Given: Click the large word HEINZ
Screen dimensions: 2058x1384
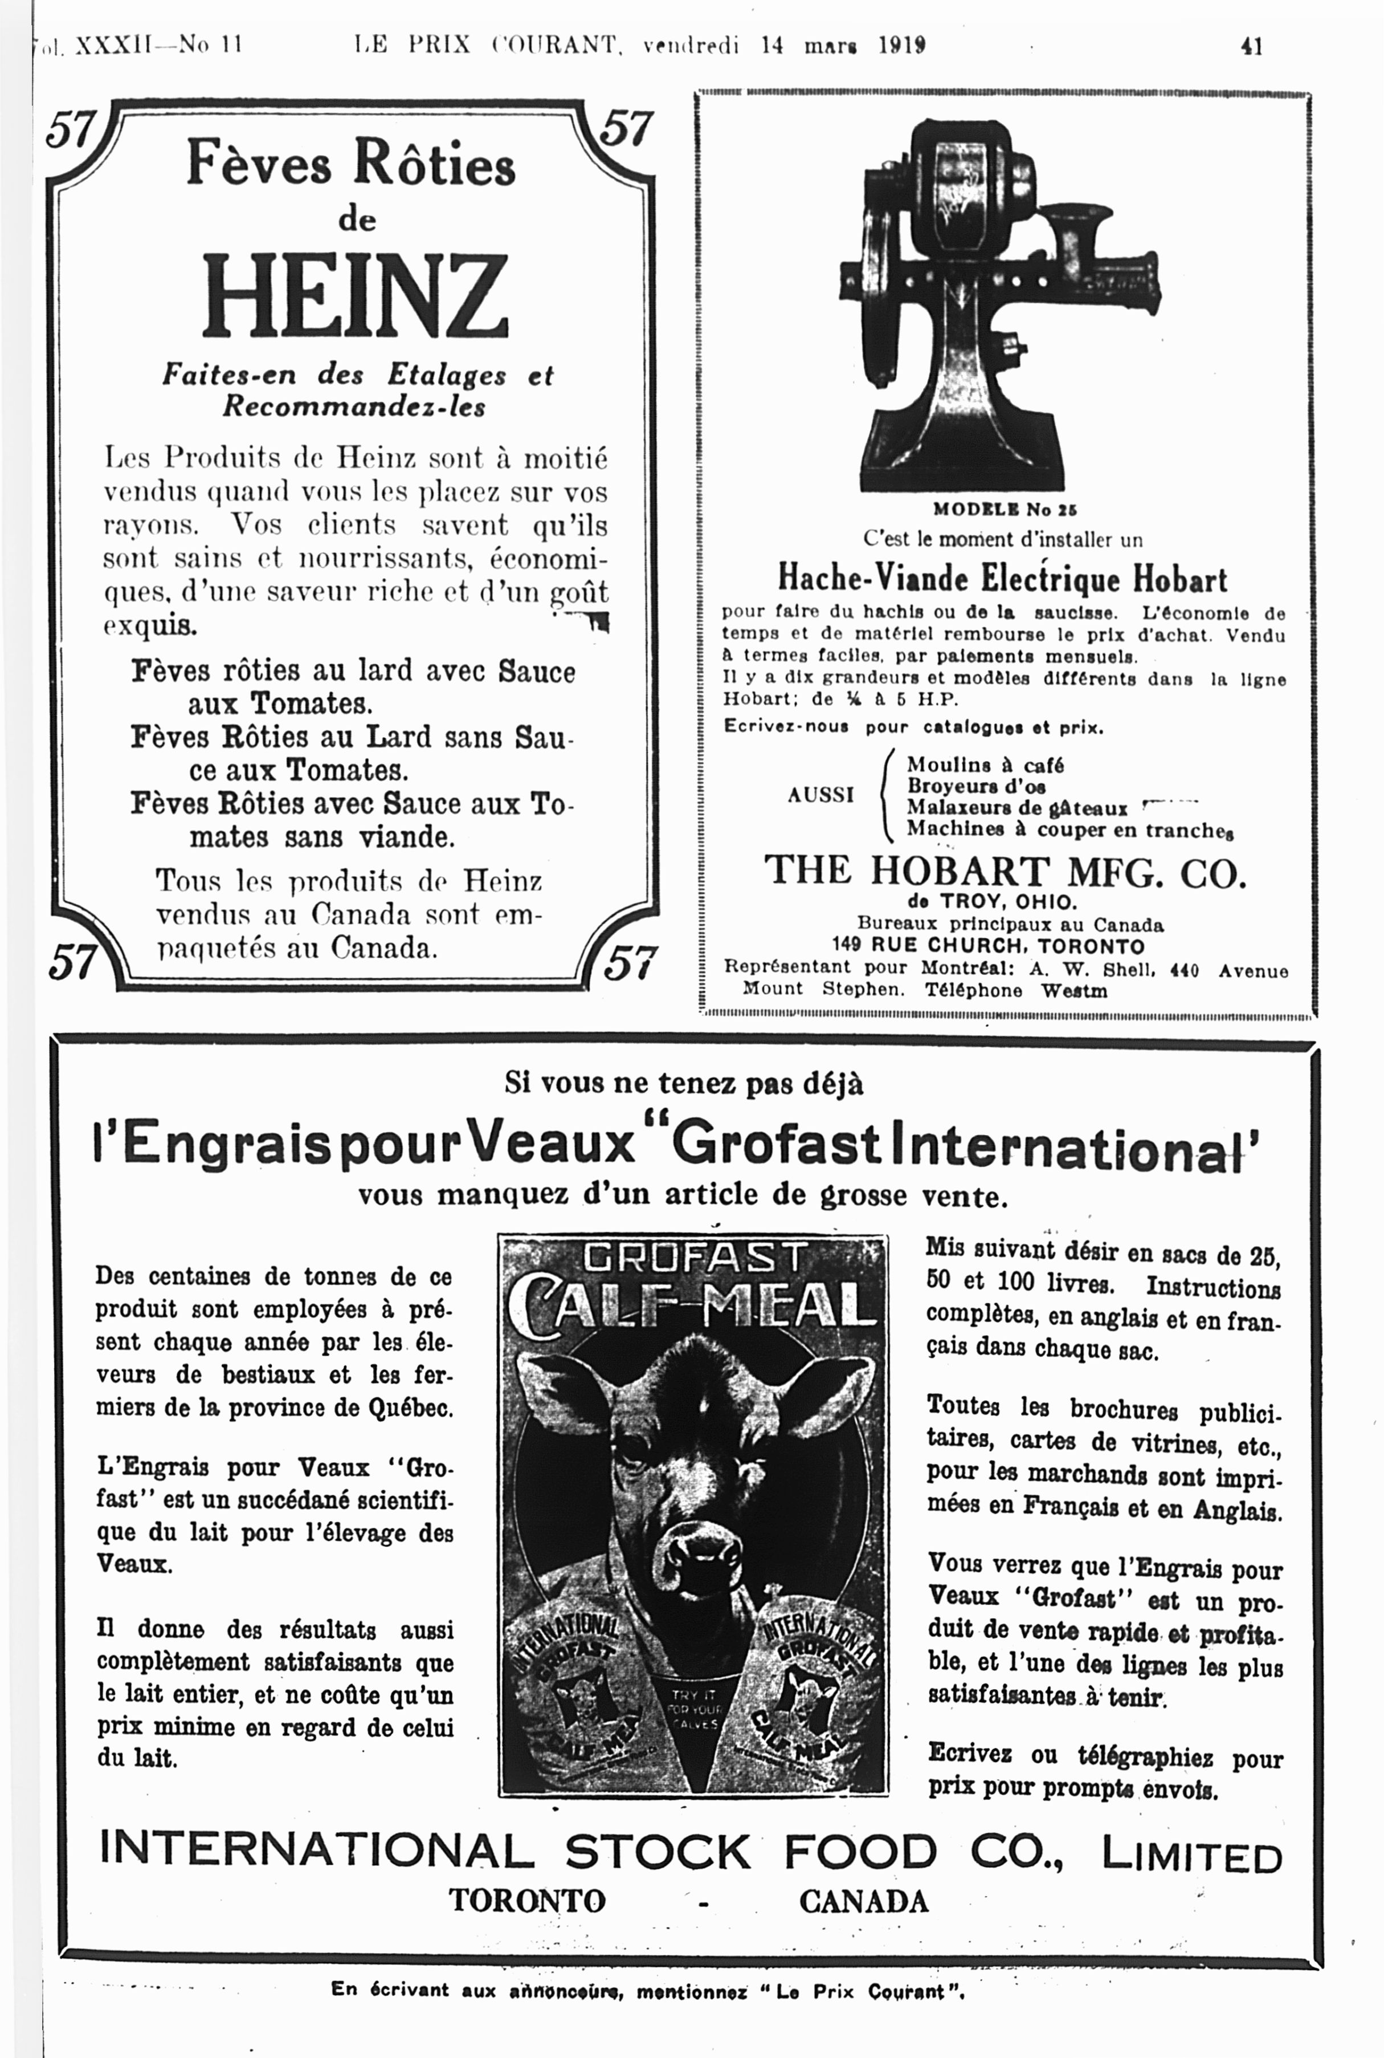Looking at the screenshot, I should pos(355,296).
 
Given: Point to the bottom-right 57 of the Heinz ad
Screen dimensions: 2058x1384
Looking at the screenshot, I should pos(630,962).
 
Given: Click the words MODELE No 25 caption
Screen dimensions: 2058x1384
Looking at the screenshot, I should pos(1005,510).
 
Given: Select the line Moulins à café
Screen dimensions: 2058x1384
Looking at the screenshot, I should pos(985,764).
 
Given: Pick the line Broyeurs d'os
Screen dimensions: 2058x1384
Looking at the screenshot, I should pos(976,786).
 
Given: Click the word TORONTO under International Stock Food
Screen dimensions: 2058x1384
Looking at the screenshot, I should pos(527,1900).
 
